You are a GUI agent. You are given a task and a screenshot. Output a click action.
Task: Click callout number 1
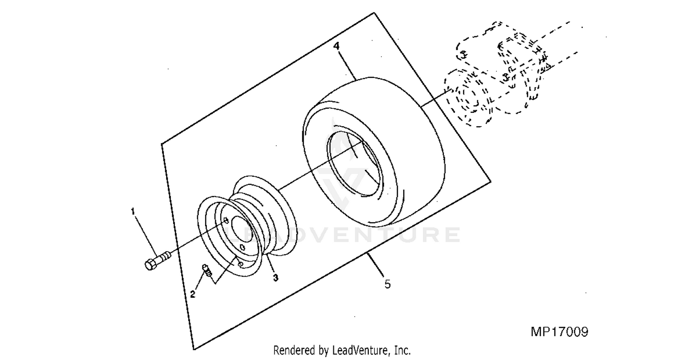coord(133,212)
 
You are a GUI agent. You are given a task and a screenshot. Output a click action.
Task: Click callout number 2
coord(192,294)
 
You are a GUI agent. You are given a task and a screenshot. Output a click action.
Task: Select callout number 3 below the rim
coord(275,278)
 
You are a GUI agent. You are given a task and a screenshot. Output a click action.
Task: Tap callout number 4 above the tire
coord(337,46)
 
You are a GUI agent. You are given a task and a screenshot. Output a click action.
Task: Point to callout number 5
coord(387,284)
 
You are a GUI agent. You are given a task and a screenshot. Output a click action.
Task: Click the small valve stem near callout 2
coord(206,270)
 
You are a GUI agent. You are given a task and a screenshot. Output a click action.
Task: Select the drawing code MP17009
coord(559,332)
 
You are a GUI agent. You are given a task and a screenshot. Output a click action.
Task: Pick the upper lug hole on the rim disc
coord(226,220)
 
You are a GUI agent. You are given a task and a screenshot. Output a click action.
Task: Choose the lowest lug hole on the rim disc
coord(240,264)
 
